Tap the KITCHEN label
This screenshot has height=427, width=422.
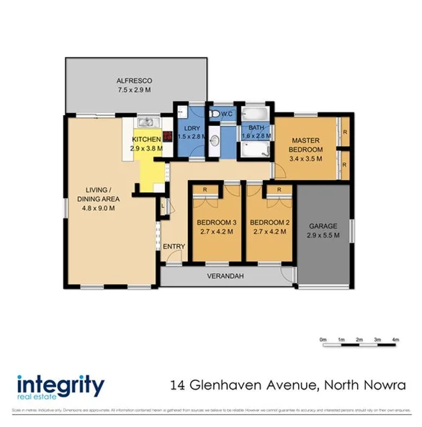pos(145,139)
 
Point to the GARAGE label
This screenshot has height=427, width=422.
pos(322,225)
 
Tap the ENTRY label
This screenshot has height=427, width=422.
pos(174,247)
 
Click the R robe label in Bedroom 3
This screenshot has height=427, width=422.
pos(206,189)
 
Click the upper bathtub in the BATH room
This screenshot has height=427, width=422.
pos(254,116)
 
